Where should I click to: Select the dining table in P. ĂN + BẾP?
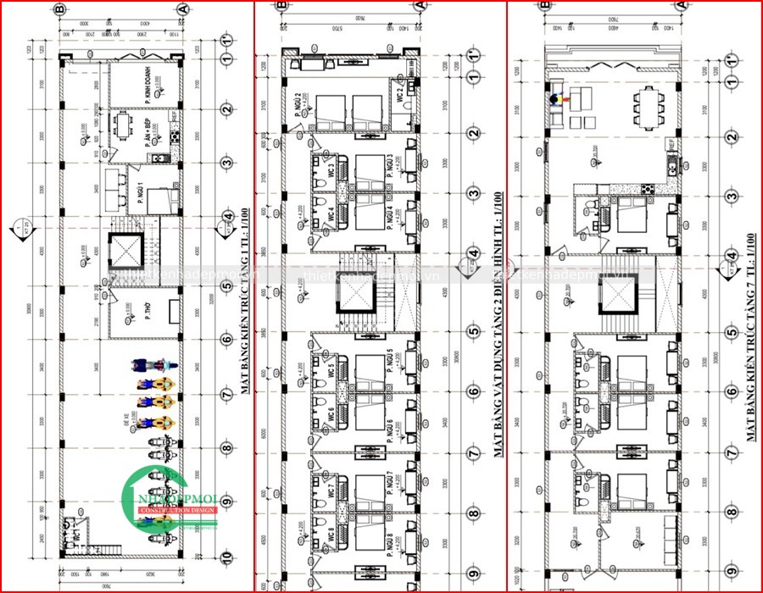click(124, 126)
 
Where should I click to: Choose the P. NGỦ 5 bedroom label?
click(390, 362)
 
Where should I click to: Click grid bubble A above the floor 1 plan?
click(181, 8)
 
